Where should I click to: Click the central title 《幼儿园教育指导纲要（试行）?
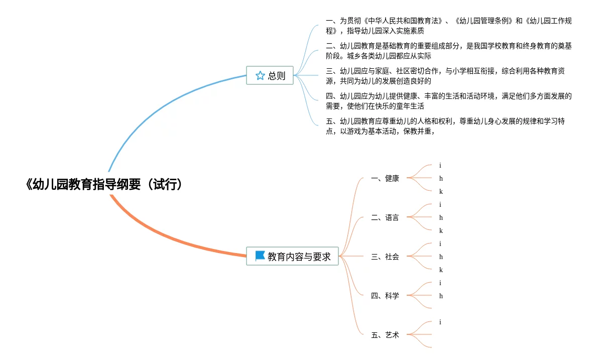[103, 185]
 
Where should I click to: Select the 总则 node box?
[270, 76]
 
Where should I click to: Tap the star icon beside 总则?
[260, 76]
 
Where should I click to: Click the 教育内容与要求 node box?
[292, 257]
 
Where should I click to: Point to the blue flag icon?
[260, 256]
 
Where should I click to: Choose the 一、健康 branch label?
[385, 178]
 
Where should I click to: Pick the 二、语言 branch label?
[385, 217]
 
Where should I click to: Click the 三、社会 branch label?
[385, 257]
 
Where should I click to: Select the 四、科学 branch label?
[385, 296]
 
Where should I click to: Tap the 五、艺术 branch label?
[385, 335]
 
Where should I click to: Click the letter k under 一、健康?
[441, 191]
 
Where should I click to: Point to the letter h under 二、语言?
[441, 217]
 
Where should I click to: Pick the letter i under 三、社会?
[440, 244]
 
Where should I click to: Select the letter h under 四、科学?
[441, 296]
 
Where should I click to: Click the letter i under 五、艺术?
[440, 322]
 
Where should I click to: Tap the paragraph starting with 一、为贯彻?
[448, 26]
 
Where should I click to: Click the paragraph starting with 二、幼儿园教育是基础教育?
[448, 51]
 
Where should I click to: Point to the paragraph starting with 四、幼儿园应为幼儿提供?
[448, 101]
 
